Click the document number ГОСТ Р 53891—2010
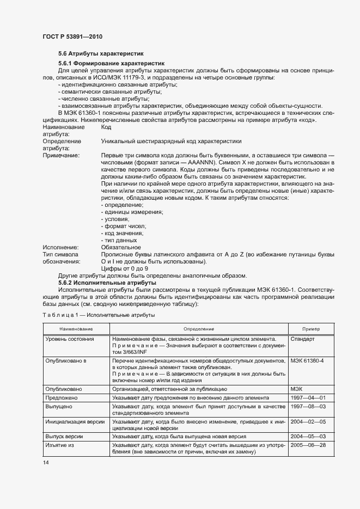click(x=72, y=36)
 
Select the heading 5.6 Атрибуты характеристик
click(x=101, y=54)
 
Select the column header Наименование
click(x=76, y=329)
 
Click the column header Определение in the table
click(x=198, y=329)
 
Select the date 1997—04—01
click(x=308, y=398)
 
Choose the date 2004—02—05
click(x=308, y=421)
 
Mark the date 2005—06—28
click(x=308, y=445)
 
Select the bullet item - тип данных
click(x=119, y=240)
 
